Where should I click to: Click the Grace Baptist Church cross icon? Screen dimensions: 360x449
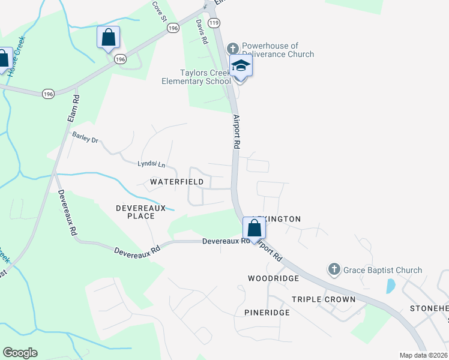click(334, 270)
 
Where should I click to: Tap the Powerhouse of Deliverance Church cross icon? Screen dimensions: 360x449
click(233, 48)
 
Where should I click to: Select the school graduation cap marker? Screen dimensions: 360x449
click(240, 66)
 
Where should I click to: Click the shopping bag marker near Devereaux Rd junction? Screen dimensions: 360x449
click(254, 229)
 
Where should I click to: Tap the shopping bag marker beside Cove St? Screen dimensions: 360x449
click(108, 38)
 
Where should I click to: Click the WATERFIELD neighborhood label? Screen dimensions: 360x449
click(176, 182)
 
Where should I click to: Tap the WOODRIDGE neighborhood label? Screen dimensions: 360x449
click(274, 279)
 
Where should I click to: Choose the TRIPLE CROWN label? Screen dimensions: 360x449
click(324, 299)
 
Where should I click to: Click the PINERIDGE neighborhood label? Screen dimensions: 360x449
click(267, 313)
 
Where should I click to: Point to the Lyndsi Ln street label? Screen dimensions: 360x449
click(151, 164)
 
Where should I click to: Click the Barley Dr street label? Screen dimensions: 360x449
click(85, 137)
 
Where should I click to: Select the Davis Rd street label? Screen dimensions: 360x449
click(201, 32)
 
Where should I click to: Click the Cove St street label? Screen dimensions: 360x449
click(159, 12)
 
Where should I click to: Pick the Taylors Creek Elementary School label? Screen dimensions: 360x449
click(196, 77)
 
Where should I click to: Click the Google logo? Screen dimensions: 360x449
click(20, 353)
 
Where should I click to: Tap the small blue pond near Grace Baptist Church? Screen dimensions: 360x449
click(391, 286)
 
